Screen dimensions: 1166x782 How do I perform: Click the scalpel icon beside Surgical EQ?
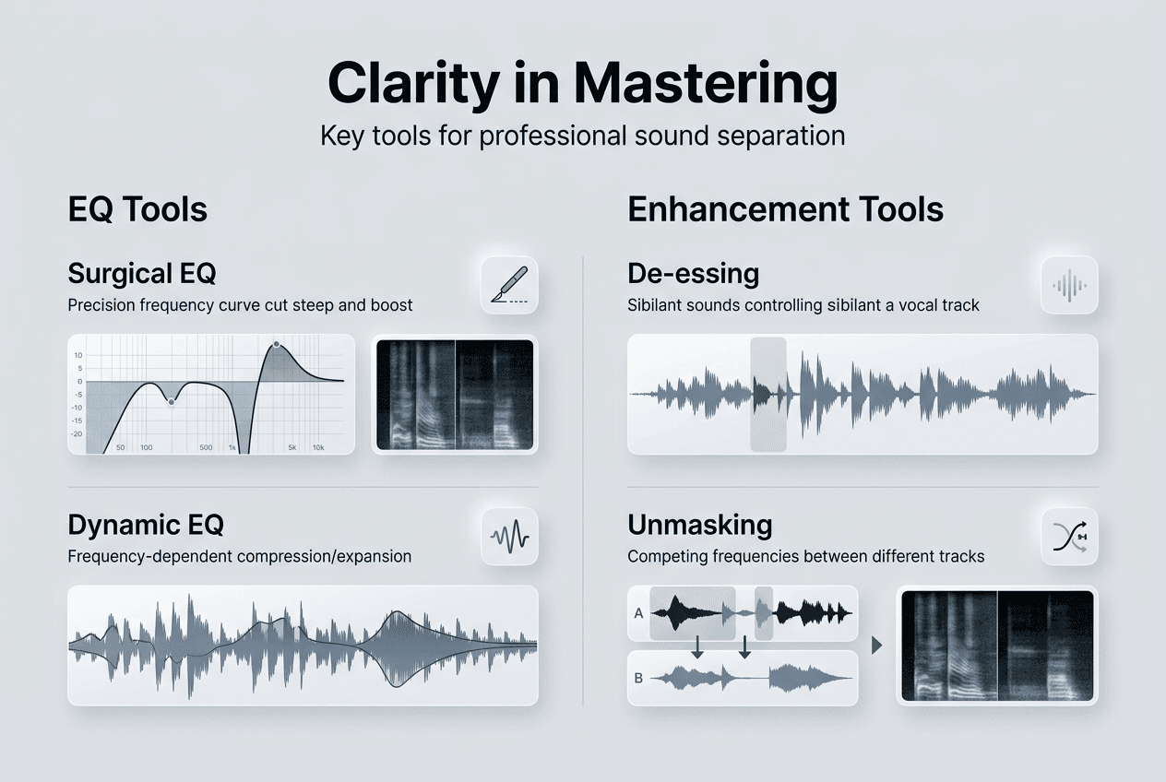click(509, 285)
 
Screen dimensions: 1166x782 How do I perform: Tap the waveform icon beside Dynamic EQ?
click(509, 537)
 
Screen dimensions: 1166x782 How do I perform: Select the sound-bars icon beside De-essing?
click(1069, 285)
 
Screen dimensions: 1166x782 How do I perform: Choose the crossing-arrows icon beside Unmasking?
click(1070, 537)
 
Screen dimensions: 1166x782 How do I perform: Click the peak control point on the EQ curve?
click(277, 345)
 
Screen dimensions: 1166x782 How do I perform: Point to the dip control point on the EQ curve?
click(172, 402)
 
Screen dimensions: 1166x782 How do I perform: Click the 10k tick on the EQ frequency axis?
click(318, 447)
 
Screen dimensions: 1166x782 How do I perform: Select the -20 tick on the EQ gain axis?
click(77, 434)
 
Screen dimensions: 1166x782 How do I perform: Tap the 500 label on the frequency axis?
click(206, 447)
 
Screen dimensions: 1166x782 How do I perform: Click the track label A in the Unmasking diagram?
click(638, 613)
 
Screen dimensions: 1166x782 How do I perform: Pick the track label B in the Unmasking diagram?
click(638, 678)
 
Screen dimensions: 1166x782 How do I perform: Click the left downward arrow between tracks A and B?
click(697, 647)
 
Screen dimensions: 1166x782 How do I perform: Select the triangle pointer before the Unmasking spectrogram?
click(876, 646)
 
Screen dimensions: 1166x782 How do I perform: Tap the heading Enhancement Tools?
click(786, 209)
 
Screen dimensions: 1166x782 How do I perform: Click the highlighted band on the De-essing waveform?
click(768, 395)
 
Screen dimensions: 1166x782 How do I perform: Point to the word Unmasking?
click(699, 525)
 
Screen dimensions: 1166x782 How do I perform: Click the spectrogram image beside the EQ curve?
click(455, 395)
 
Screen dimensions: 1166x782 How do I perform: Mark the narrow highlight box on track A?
click(764, 613)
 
